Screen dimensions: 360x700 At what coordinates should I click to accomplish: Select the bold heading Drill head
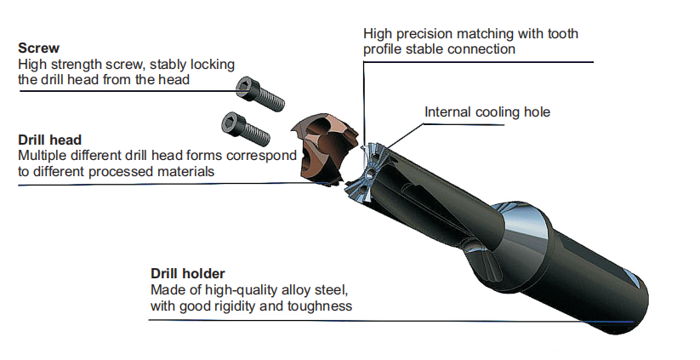pyautogui.click(x=49, y=140)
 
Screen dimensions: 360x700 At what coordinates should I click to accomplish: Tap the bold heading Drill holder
pyautogui.click(x=187, y=274)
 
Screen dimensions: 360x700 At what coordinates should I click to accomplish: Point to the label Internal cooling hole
pyautogui.click(x=487, y=112)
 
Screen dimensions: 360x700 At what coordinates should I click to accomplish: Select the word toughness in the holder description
pyautogui.click(x=319, y=306)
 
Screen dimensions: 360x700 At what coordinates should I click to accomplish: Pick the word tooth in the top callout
pyautogui.click(x=563, y=33)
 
